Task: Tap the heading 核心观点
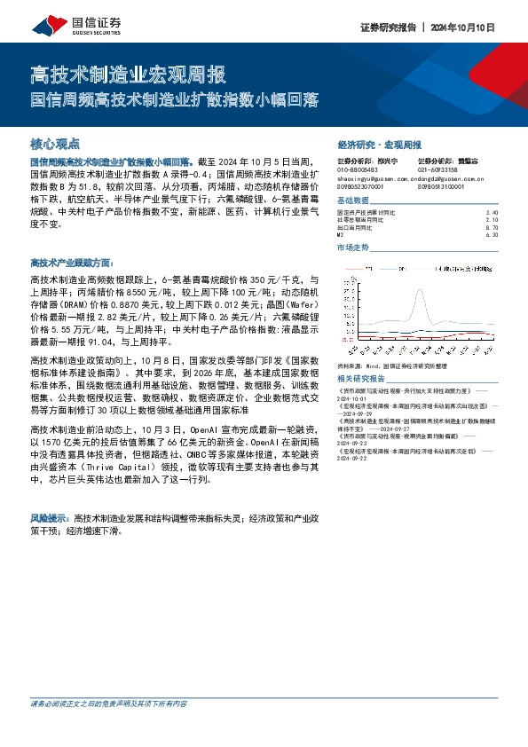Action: (x=55, y=142)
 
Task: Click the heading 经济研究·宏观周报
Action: (x=379, y=144)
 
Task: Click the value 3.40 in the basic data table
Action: (x=493, y=213)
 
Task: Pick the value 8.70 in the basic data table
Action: (x=493, y=227)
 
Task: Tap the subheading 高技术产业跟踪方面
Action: (x=72, y=263)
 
